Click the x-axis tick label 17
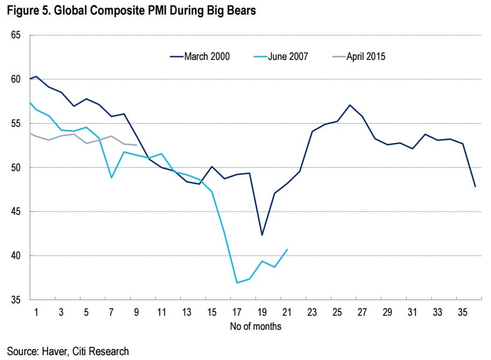pyautogui.click(x=237, y=312)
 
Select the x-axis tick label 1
pyautogui.click(x=36, y=312)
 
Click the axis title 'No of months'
pyautogui.click(x=255, y=326)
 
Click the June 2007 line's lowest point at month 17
pyautogui.click(x=237, y=283)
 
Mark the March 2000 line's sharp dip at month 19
pyautogui.click(x=262, y=235)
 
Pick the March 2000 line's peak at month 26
pyautogui.click(x=350, y=105)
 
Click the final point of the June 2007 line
pyautogui.click(x=287, y=249)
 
